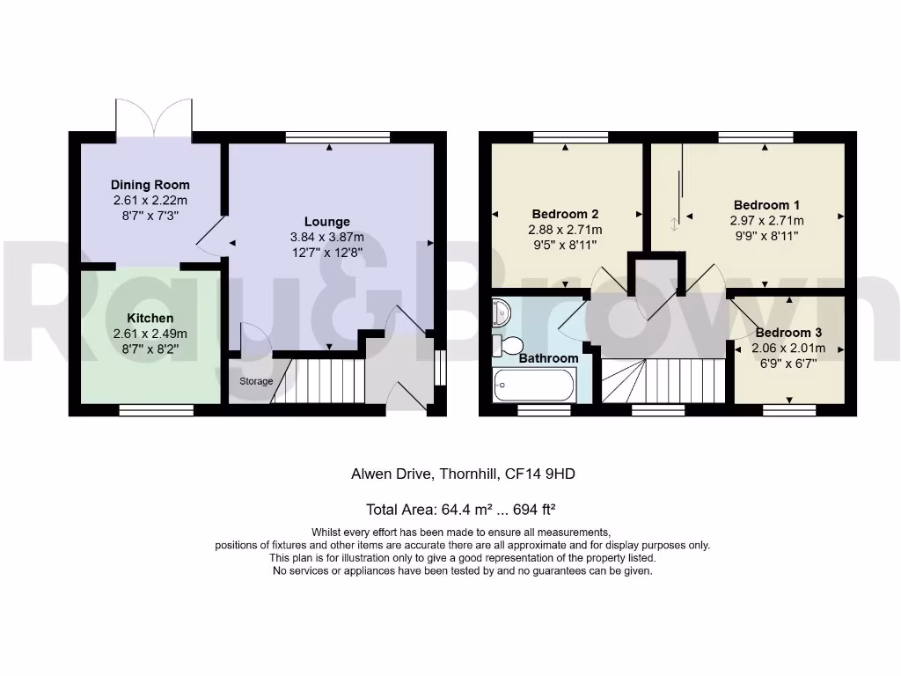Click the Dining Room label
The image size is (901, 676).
[x=150, y=185]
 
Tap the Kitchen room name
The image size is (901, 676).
[x=150, y=318]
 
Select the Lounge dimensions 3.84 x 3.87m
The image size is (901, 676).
[x=327, y=238]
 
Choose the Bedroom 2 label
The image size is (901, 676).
[x=565, y=214]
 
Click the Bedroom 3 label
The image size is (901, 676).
[x=788, y=333]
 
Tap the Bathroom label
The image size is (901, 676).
[x=548, y=358]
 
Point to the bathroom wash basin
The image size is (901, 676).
[x=501, y=311]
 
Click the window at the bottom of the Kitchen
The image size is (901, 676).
[x=156, y=409]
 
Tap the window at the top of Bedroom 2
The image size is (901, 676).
[x=570, y=136]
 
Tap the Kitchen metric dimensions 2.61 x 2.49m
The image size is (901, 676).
[x=150, y=334]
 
